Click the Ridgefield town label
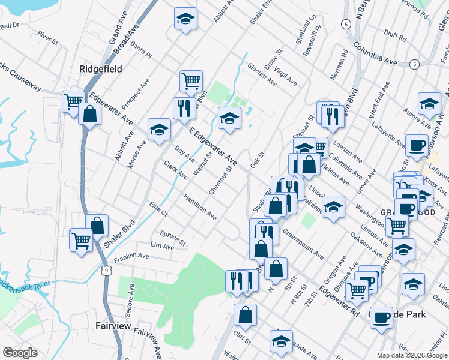click(x=101, y=69)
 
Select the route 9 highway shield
click(x=106, y=271)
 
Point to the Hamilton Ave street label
click(x=200, y=206)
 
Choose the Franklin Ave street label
click(x=131, y=257)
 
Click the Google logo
click(x=20, y=353)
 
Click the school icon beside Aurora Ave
click(x=429, y=104)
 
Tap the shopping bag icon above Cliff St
click(x=245, y=315)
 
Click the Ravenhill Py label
click(x=313, y=40)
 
